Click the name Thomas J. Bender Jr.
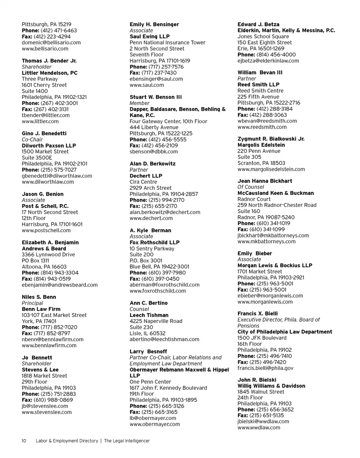[x=49, y=61]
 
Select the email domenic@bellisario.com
[x=51, y=42]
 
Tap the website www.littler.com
[x=40, y=121]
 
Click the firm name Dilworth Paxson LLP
[x=49, y=146]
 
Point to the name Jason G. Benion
[x=43, y=194]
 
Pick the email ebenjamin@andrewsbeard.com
[x=60, y=285]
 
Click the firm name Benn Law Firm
[x=41, y=309]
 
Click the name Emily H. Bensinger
[x=154, y=24]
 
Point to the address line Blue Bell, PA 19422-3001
[x=159, y=266]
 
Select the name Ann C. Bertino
[x=148, y=303]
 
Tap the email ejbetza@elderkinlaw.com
[x=268, y=60]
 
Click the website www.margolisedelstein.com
[x=271, y=169]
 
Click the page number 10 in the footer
[x=24, y=441]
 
